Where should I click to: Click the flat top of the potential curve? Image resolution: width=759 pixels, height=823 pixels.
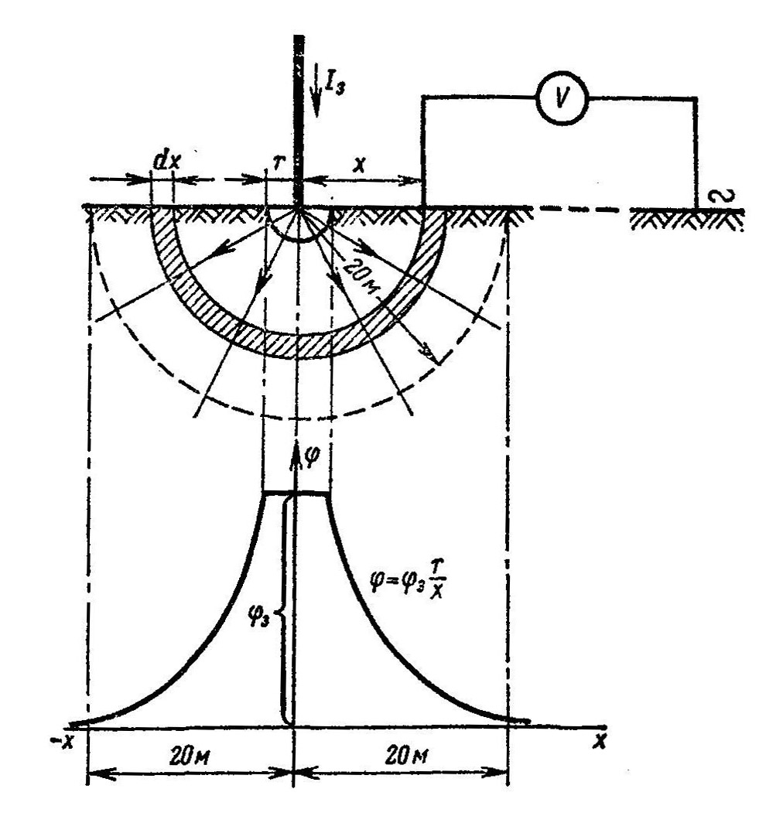[297, 493]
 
